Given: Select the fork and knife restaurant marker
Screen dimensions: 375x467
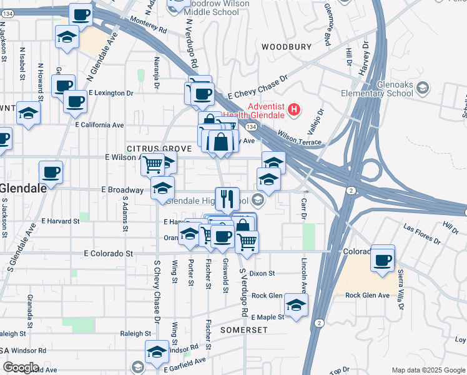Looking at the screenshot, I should [x=227, y=199].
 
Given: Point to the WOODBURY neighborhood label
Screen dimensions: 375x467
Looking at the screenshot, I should [x=286, y=47].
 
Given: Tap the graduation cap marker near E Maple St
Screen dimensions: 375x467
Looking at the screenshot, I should [x=296, y=306].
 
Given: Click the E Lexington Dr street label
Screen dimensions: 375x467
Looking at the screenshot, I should [x=111, y=93].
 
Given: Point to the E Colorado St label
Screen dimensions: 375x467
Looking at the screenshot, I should [x=109, y=254].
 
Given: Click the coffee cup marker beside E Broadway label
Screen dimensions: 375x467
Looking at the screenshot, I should [x=51, y=173].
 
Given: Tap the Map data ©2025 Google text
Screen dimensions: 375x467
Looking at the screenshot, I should [x=428, y=370].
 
